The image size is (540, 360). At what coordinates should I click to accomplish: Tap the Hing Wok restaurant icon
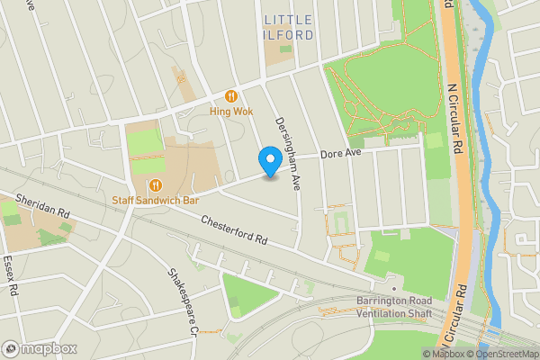pyautogui.click(x=231, y=95)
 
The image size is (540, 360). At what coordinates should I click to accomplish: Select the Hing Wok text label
pyautogui.click(x=231, y=112)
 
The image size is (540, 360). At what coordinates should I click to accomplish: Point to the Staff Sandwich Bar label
pyautogui.click(x=155, y=200)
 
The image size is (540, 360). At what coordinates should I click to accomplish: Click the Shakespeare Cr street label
pyautogui.click(x=181, y=301)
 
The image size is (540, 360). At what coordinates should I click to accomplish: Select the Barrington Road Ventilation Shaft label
pyautogui.click(x=394, y=307)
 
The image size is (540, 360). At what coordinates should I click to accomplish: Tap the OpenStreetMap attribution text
pyautogui.click(x=502, y=354)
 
